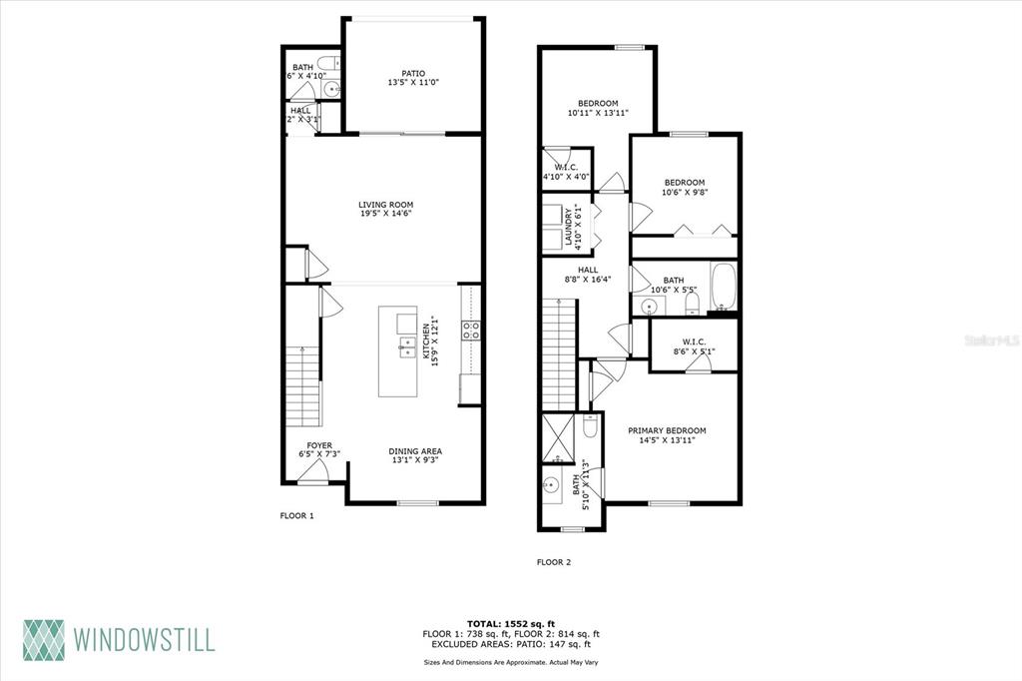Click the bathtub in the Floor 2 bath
pyautogui.click(x=723, y=287)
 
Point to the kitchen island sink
pyautogui.click(x=407, y=346)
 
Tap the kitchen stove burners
pyautogui.click(x=471, y=331)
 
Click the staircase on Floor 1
pyautogui.click(x=303, y=386)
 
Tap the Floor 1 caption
pyautogui.click(x=297, y=516)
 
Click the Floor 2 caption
pyautogui.click(x=553, y=562)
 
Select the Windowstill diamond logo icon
pyautogui.click(x=44, y=640)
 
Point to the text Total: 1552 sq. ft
pyautogui.click(x=511, y=624)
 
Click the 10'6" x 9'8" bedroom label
pyautogui.click(x=685, y=187)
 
